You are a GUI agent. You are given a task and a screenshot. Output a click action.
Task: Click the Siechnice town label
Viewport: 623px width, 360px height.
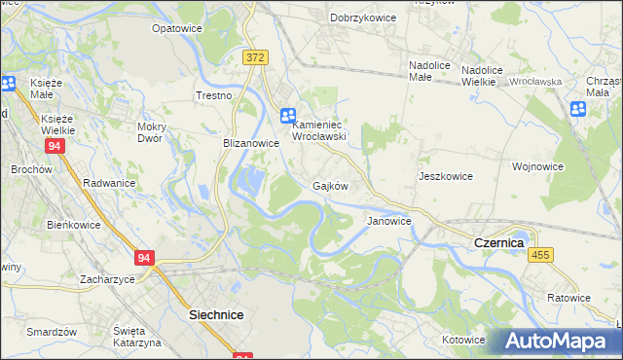coord(215,315)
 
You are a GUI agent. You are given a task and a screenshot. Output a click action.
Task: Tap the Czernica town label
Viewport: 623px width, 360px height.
coord(497,242)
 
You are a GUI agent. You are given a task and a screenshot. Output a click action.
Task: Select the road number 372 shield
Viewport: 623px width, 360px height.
coord(256,58)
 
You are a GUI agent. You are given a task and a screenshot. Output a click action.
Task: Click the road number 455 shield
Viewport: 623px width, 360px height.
coord(542,254)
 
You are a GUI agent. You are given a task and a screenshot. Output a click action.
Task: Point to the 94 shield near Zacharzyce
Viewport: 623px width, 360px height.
coord(145,258)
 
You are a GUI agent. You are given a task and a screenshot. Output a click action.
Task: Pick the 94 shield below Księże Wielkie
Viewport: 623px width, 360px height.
coord(55,146)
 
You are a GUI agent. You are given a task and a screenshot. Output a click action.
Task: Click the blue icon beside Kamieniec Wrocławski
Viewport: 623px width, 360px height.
coord(288,116)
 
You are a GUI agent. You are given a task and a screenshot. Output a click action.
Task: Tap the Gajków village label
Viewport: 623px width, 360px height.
coord(330,185)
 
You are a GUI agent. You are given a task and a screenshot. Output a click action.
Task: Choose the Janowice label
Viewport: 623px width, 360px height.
coord(388,221)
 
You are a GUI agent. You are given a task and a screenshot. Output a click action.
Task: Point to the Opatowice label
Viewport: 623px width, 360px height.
coord(176,29)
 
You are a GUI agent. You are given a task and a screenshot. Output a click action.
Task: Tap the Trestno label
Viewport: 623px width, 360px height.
coord(213,95)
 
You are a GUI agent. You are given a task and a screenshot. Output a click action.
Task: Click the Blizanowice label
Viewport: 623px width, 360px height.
coord(251,142)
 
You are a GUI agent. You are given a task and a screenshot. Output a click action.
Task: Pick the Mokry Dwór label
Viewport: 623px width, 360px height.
coord(157,131)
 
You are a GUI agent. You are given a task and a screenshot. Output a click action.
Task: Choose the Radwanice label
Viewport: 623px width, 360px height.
coord(109,182)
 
